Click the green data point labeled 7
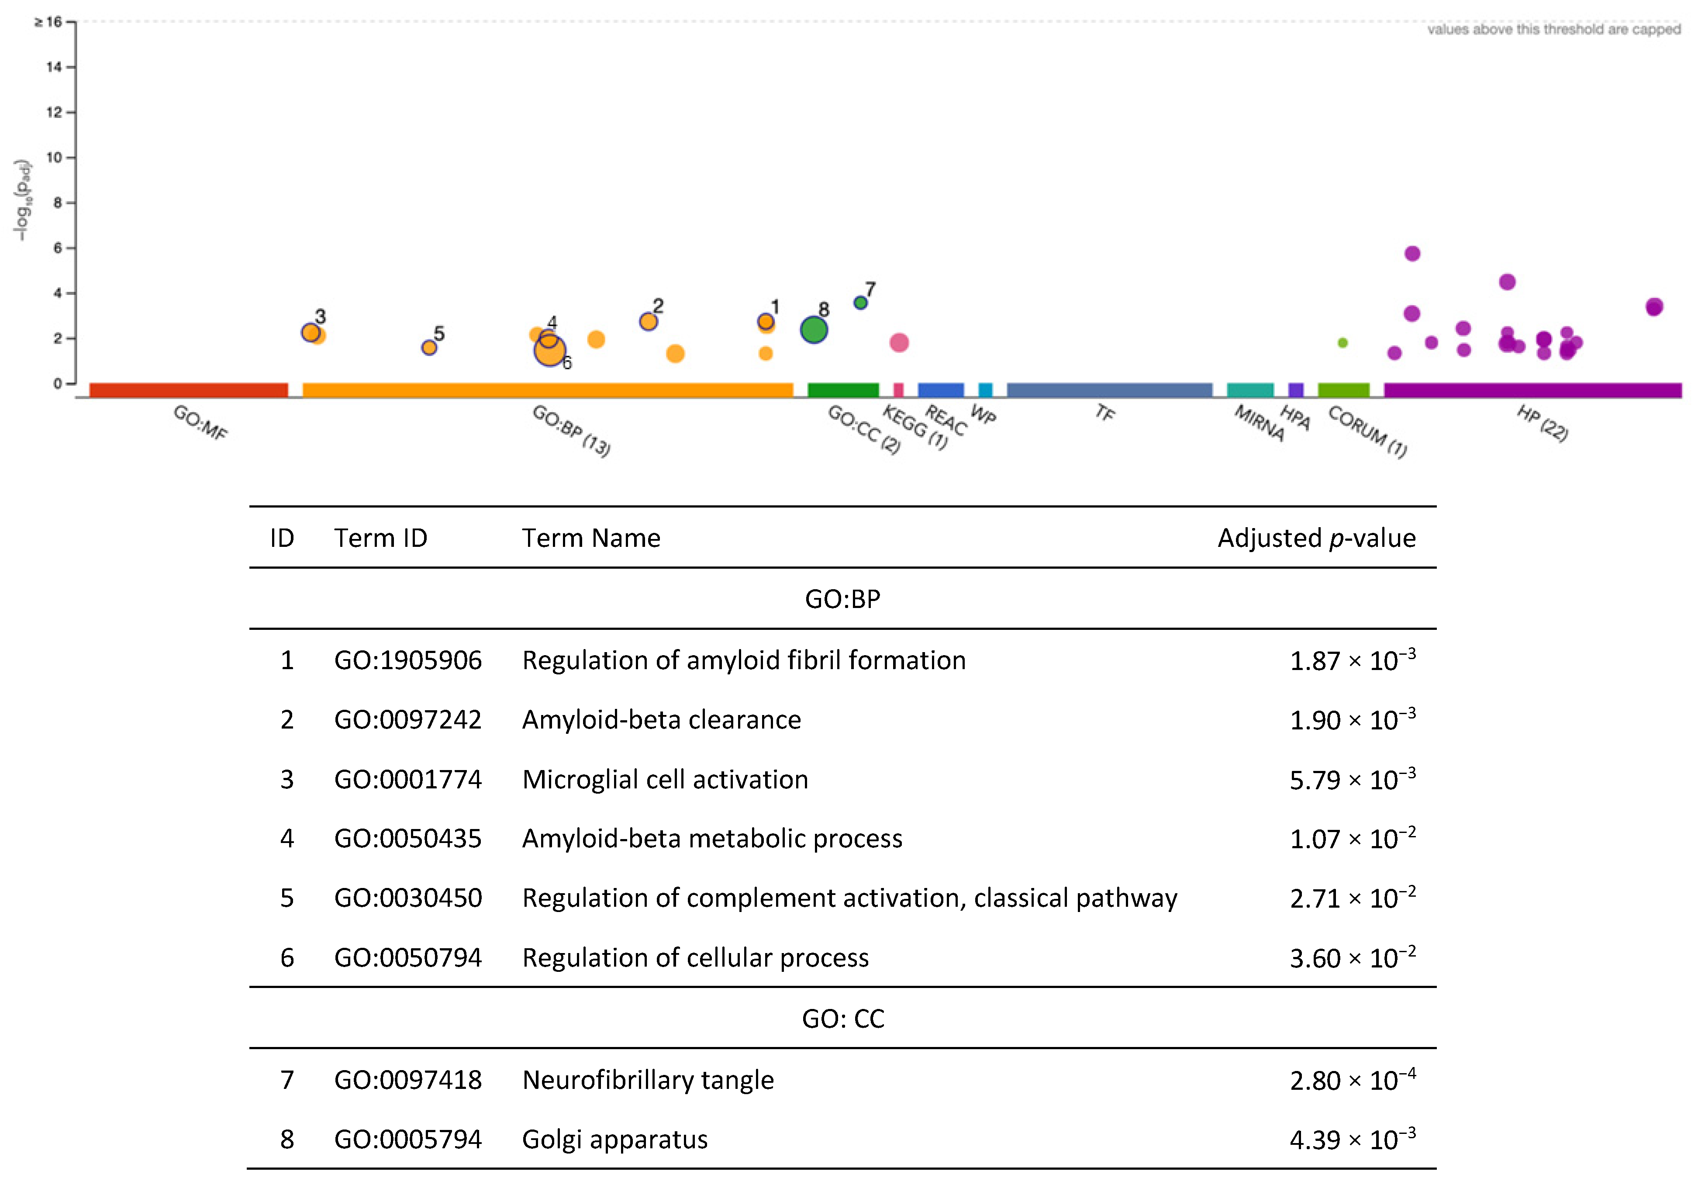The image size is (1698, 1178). [x=860, y=303]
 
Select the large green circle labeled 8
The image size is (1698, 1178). [x=813, y=330]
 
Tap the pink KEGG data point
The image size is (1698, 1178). [x=899, y=342]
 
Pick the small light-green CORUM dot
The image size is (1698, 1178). [x=1343, y=342]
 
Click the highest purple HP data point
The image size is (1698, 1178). [x=1412, y=254]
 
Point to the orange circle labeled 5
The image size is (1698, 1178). [x=429, y=347]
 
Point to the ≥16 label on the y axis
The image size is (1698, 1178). [x=49, y=22]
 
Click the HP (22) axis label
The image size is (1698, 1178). [x=1542, y=424]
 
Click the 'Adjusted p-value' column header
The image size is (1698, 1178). [x=1316, y=538]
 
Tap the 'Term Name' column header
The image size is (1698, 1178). [x=591, y=538]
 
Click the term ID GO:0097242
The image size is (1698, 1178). [x=407, y=720]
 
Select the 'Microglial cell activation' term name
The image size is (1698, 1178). [x=665, y=779]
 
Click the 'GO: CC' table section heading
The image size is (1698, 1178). [x=843, y=1019]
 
